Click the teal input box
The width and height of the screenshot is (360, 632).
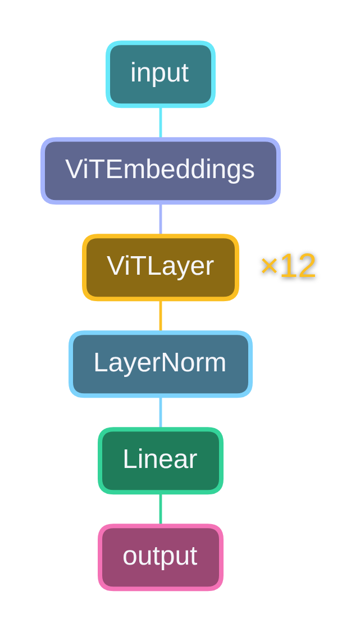pos(161,74)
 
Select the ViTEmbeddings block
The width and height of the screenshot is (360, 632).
pos(161,171)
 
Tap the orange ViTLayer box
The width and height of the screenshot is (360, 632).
pos(161,267)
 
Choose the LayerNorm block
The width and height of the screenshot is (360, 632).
pos(161,364)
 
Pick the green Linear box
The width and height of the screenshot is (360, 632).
pos(161,461)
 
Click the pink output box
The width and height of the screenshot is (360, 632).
pos(161,557)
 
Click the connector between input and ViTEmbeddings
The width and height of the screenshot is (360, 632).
pos(161,122)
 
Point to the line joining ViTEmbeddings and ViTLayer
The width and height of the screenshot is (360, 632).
pos(161,219)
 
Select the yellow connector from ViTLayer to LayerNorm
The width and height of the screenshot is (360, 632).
pos(161,316)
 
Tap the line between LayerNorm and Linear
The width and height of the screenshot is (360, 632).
pos(161,412)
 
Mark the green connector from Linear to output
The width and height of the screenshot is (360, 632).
pos(161,509)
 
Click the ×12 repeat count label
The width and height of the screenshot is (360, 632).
pos(288,266)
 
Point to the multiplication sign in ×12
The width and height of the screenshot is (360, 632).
pos(269,266)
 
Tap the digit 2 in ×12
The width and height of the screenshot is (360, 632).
pos(306,266)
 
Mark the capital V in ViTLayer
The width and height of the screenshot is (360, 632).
pos(115,266)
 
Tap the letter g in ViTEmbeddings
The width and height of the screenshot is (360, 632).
pos(232,172)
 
